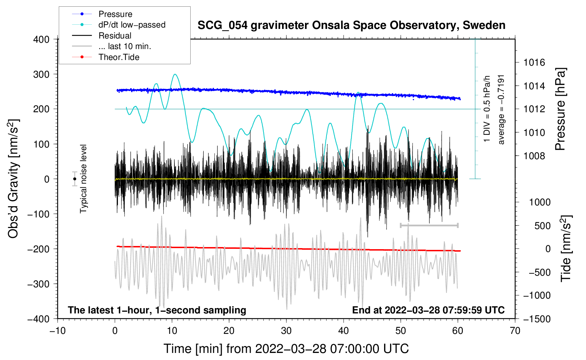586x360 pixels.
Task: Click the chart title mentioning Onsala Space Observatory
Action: [x=351, y=25]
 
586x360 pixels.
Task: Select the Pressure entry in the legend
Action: [x=115, y=14]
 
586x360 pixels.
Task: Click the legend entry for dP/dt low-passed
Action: [x=132, y=25]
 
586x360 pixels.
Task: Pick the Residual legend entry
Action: [x=115, y=36]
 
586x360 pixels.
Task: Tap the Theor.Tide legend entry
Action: [x=119, y=57]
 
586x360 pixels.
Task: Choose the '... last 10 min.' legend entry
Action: [x=125, y=46]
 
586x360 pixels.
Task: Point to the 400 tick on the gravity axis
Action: [x=41, y=39]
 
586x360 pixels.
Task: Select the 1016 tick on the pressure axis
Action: [x=534, y=62]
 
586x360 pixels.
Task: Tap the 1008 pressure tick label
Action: [x=534, y=156]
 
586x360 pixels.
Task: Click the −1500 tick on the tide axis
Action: [x=537, y=319]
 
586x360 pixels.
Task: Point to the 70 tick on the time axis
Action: [x=515, y=331]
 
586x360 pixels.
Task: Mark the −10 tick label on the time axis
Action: [x=58, y=331]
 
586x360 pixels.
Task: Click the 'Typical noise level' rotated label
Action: [x=83, y=179]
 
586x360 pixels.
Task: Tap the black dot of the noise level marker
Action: [x=74, y=179]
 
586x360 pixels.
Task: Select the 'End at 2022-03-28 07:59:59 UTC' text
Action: [x=428, y=310]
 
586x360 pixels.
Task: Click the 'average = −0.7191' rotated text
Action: [x=501, y=109]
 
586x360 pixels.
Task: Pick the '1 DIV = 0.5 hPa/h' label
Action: [x=487, y=109]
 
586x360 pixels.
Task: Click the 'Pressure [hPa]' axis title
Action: [x=560, y=109]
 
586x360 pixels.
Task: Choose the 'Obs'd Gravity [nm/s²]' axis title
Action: [x=13, y=179]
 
